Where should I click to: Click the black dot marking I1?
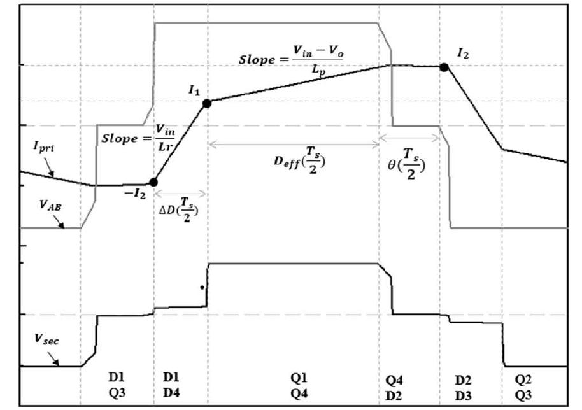[207, 102]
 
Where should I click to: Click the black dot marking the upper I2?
[444, 66]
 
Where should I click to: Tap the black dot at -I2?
[153, 182]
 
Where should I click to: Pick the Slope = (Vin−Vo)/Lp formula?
[290, 61]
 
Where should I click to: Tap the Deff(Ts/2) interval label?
[294, 160]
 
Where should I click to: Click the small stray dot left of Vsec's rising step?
[202, 287]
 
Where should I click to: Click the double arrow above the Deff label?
[294, 144]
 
